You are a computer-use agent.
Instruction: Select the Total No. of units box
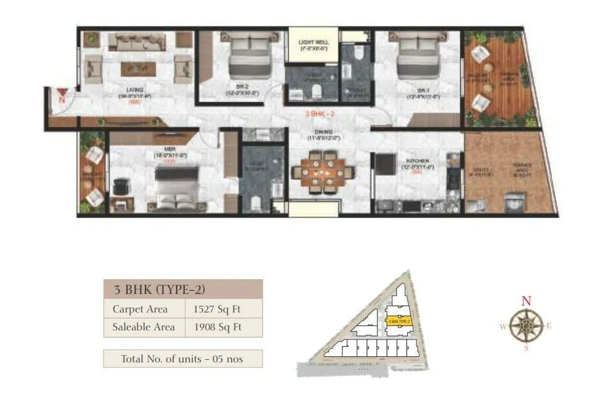coord(182,358)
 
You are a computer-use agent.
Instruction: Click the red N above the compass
coord(525,301)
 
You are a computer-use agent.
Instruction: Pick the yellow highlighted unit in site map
coord(398,321)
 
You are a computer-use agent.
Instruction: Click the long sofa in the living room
coord(137,43)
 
